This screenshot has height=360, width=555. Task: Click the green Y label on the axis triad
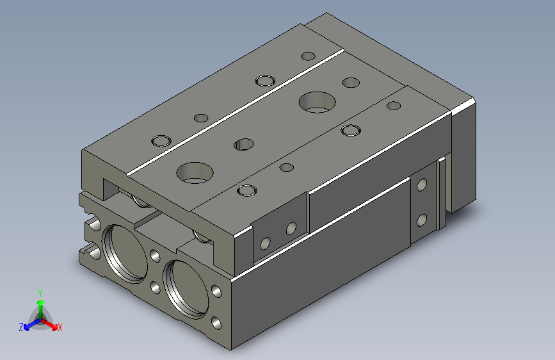pyautogui.click(x=40, y=291)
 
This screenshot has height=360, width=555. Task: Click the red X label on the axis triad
pyautogui.click(x=60, y=328)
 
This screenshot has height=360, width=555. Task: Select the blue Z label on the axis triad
pyautogui.click(x=21, y=327)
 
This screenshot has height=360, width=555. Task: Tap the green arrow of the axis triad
pyautogui.click(x=40, y=302)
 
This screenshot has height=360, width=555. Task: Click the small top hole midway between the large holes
pyautogui.click(x=243, y=144)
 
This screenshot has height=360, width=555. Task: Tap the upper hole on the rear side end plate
pyautogui.click(x=421, y=186)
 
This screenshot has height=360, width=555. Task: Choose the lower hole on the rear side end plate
pyautogui.click(x=421, y=220)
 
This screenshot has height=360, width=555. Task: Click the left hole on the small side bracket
pyautogui.click(x=264, y=243)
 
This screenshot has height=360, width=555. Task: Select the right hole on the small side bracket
pyautogui.click(x=291, y=228)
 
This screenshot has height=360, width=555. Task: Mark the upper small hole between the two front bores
pyautogui.click(x=155, y=256)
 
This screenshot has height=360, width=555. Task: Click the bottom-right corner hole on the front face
pyautogui.click(x=216, y=323)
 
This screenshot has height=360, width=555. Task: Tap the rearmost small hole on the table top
pyautogui.click(x=309, y=56)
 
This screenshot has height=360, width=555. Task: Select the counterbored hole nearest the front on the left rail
pyautogui.click(x=160, y=140)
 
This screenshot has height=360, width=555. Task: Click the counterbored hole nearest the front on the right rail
pyautogui.click(x=245, y=190)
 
